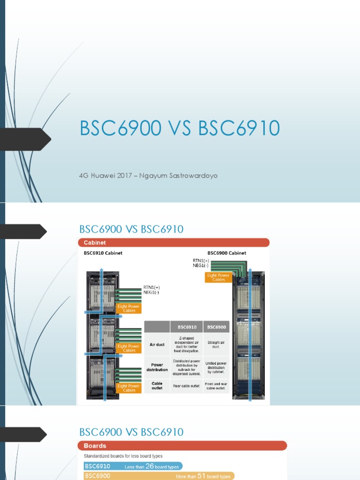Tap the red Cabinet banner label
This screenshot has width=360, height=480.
[95, 242]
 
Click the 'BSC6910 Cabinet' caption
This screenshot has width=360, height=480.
[103, 253]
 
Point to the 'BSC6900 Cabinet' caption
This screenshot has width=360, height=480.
[227, 253]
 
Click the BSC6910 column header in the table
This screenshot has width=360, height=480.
[187, 327]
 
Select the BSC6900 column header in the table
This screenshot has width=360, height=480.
[217, 327]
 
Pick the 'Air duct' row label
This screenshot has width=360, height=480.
[157, 345]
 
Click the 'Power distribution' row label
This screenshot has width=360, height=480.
[157, 367]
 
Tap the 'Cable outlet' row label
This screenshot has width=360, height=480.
[157, 386]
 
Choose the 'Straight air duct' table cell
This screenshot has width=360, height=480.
[217, 345]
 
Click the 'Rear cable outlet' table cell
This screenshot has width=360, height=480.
[187, 386]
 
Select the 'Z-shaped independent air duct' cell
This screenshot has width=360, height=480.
[187, 344]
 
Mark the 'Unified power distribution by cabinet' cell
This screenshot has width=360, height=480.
[217, 367]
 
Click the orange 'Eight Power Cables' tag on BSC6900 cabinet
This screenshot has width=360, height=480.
[218, 277]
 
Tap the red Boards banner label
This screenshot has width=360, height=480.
[95, 446]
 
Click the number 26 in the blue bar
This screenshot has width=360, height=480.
[150, 466]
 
